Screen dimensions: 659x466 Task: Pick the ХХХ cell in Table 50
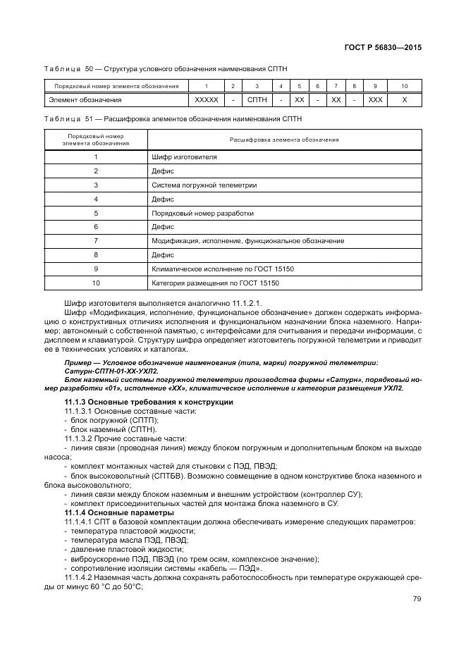click(375, 100)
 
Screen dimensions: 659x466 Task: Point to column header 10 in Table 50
click(404, 86)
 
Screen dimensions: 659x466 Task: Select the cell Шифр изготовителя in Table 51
click(184, 156)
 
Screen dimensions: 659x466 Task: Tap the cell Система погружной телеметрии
click(204, 185)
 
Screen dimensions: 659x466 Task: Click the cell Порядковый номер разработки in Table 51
click(202, 213)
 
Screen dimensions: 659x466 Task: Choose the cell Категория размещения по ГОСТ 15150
click(215, 283)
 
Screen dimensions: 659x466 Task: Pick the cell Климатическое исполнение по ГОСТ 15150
click(219, 269)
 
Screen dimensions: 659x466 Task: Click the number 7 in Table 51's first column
click(95, 241)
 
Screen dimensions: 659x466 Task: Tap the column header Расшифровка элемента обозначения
click(284, 140)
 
